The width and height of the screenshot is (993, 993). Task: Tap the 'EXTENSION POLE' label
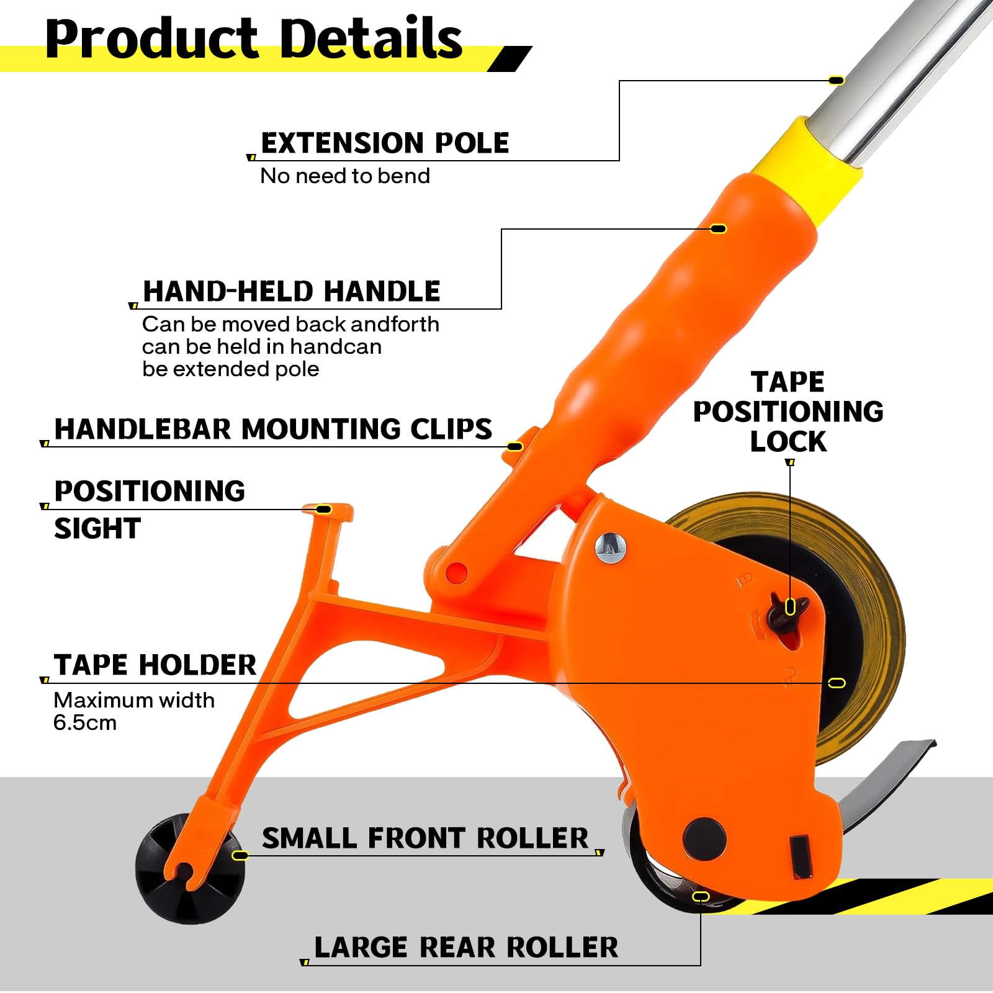[x=385, y=143]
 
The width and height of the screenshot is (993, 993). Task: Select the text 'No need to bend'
[x=345, y=176]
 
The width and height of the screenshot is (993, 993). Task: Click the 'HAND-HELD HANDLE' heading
[x=291, y=291]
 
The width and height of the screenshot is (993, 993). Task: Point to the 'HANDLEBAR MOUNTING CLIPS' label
[x=273, y=429]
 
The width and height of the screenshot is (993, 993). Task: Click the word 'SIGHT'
[x=97, y=528]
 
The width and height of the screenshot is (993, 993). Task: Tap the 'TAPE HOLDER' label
[x=155, y=665]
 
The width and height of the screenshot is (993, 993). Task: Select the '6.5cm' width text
[x=85, y=723]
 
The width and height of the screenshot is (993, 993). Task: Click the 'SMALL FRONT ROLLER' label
[x=425, y=838]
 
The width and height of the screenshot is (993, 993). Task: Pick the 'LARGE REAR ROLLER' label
[x=466, y=948]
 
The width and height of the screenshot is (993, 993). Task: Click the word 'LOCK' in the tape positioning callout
[x=788, y=441]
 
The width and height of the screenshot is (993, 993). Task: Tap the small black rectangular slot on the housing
[x=800, y=857]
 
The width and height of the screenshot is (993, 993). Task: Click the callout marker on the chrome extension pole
[x=837, y=81]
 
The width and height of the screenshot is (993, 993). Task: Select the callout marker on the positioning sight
[x=324, y=510]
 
